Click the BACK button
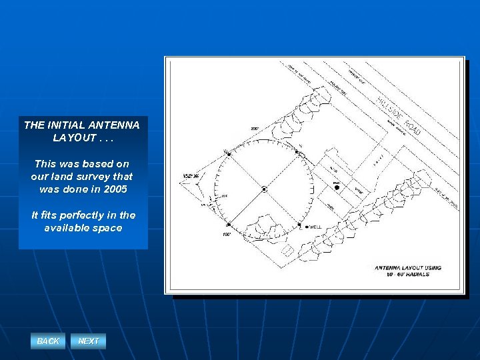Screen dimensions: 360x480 point(48,341)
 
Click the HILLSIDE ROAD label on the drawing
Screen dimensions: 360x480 point(399,115)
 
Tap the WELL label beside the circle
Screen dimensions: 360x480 point(315,227)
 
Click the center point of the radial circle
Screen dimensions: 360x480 point(265,189)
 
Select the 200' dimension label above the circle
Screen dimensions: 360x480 point(255,128)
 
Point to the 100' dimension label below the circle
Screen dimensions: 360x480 point(227,235)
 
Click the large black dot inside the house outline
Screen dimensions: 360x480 point(337,188)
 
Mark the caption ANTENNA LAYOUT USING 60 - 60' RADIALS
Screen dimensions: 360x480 point(408,271)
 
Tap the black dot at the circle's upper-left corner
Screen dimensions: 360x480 point(229,153)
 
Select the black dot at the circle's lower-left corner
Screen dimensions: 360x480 point(228,225)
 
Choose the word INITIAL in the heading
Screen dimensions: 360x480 point(64,125)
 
